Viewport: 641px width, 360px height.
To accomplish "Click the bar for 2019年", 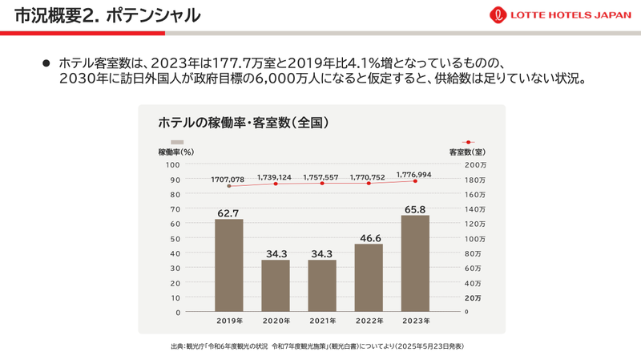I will coord(229,265).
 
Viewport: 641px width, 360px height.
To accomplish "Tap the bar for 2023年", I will coord(415,263).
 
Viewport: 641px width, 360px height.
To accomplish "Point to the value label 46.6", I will coord(369,238).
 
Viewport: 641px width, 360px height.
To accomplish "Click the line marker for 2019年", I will coord(229,186).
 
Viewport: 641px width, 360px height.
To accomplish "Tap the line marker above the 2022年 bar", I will coord(369,184).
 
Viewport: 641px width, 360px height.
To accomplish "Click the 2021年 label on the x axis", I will coord(322,321).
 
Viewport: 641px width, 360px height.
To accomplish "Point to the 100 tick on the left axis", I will coord(172,164).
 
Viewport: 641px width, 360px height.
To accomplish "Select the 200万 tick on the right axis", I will coord(475,164).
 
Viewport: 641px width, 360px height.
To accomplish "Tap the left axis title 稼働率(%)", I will coord(176,152).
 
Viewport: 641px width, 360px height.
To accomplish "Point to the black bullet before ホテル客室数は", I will coord(46,63).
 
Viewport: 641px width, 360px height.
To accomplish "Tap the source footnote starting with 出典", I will coord(317,346).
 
